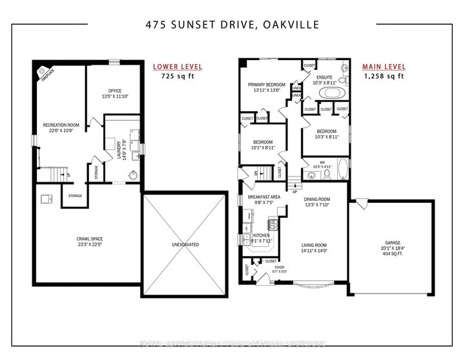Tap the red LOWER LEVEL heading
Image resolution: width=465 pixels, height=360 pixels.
click(x=177, y=67)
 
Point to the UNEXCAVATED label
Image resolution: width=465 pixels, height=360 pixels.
click(x=185, y=245)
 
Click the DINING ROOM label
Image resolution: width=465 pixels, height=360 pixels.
click(x=317, y=199)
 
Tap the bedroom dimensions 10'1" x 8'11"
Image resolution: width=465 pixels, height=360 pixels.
click(x=262, y=148)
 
